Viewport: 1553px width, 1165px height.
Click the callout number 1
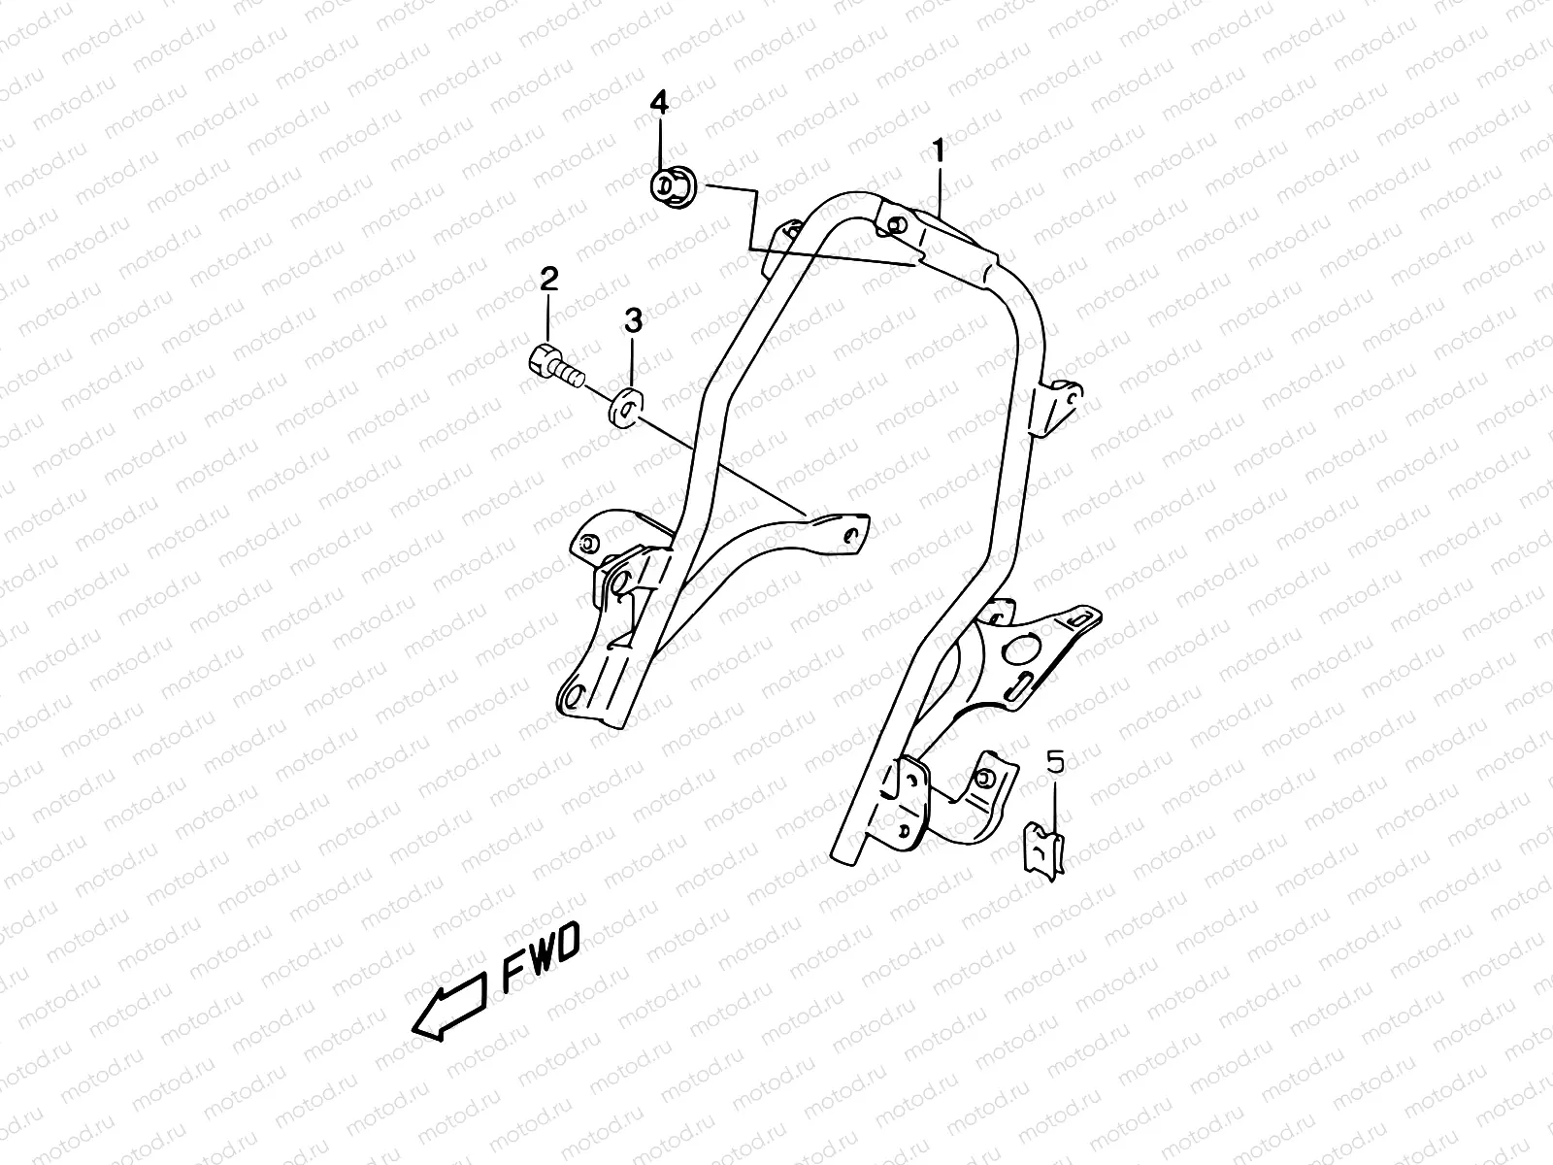coord(939,150)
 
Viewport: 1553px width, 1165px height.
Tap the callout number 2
coord(549,281)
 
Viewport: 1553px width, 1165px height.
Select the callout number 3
coord(633,319)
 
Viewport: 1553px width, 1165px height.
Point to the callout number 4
coord(659,102)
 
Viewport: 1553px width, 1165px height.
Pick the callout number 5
coord(1055,762)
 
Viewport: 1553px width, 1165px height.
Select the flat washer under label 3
coord(628,406)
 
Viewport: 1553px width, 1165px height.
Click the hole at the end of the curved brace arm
coord(851,533)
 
